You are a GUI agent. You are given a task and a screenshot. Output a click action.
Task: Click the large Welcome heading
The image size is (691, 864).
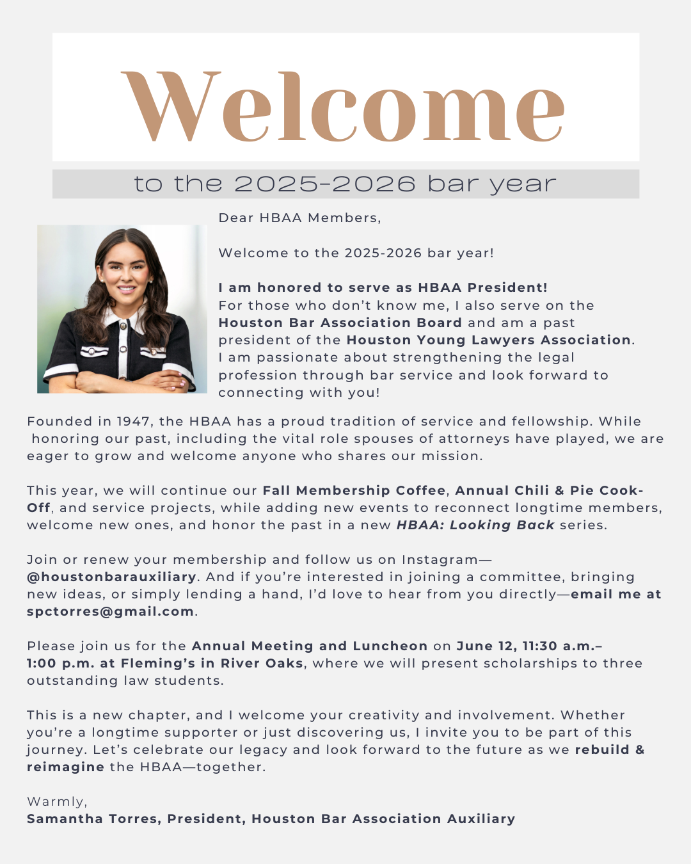[x=344, y=107]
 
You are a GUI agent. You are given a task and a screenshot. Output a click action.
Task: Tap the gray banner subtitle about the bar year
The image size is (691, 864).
[x=345, y=184]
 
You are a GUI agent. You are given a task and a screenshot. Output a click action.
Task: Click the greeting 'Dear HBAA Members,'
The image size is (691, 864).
[x=299, y=218]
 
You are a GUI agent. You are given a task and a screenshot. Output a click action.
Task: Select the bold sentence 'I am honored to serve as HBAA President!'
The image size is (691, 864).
[x=383, y=288]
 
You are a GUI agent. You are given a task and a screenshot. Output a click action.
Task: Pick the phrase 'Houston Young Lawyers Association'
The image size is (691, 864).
[x=489, y=340]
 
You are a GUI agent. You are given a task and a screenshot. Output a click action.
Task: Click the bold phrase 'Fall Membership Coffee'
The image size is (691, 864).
[x=354, y=491]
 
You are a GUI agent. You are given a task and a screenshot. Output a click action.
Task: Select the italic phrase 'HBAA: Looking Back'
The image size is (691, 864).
[x=475, y=525]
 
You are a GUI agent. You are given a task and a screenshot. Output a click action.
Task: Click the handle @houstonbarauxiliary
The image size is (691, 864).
[x=111, y=577]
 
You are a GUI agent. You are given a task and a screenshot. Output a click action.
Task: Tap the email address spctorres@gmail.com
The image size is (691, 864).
[x=110, y=612]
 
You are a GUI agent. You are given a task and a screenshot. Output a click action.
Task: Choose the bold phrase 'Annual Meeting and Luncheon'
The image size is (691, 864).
[x=310, y=646]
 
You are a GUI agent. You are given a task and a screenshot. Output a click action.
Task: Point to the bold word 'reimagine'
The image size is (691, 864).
[x=65, y=767]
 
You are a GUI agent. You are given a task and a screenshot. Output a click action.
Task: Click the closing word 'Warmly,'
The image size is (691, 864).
[x=57, y=802]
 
